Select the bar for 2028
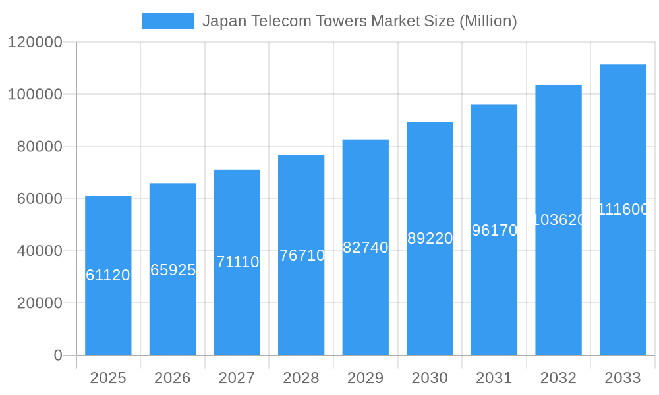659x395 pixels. tap(301, 303)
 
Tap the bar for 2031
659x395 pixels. tap(494, 290)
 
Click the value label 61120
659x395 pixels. tap(108, 275)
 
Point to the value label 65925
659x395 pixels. tap(173, 270)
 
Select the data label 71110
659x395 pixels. tap(237, 262)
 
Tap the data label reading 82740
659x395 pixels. tap(366, 248)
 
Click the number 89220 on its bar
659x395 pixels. tap(430, 238)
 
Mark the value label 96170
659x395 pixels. tap(494, 230)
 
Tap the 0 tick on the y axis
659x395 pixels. tap(58, 355)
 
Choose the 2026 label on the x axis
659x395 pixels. tap(173, 378)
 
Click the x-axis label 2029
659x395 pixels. tap(366, 378)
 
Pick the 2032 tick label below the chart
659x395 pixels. tap(558, 378)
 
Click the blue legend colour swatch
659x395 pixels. tap(168, 21)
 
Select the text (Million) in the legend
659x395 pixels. tap(488, 21)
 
